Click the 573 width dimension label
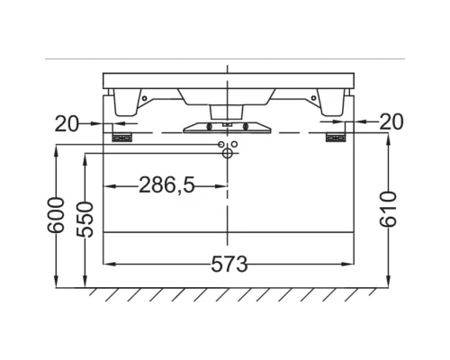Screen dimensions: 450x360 (x=229, y=264)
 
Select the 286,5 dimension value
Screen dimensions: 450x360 (x=166, y=185)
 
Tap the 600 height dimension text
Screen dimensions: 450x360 (x=56, y=215)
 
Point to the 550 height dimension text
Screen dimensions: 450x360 (x=85, y=220)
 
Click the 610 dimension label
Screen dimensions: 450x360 (x=388, y=209)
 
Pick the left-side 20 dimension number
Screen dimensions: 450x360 (x=67, y=123)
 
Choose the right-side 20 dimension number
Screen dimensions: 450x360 (x=391, y=121)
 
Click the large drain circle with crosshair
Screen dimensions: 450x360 (x=228, y=153)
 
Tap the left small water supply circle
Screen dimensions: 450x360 (x=220, y=145)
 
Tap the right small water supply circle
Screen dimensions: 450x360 (x=234, y=145)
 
